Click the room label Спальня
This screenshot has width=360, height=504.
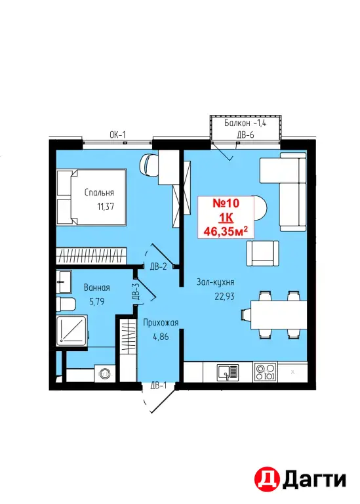(99, 192)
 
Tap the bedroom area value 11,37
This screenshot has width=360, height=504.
(106, 206)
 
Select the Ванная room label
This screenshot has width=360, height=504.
(96, 287)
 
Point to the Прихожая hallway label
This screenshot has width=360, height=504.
(161, 322)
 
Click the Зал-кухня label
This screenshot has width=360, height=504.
(215, 282)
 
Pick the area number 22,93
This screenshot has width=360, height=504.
(224, 296)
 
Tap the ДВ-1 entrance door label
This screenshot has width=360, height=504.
(158, 385)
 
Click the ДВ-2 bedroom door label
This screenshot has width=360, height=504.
(158, 266)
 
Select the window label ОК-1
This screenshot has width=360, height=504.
(117, 135)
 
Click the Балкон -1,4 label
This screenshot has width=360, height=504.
(245, 123)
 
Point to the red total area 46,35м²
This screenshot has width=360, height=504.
(226, 231)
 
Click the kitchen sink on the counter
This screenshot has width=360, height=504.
(228, 372)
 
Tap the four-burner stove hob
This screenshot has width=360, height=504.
(266, 372)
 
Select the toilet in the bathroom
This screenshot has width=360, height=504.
(66, 304)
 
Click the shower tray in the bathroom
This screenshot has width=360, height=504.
(71, 330)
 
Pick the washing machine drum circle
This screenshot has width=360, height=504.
(104, 373)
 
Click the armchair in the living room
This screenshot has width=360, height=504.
(262, 253)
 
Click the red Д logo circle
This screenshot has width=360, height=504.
(267, 480)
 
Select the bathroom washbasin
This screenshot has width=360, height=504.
(64, 282)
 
